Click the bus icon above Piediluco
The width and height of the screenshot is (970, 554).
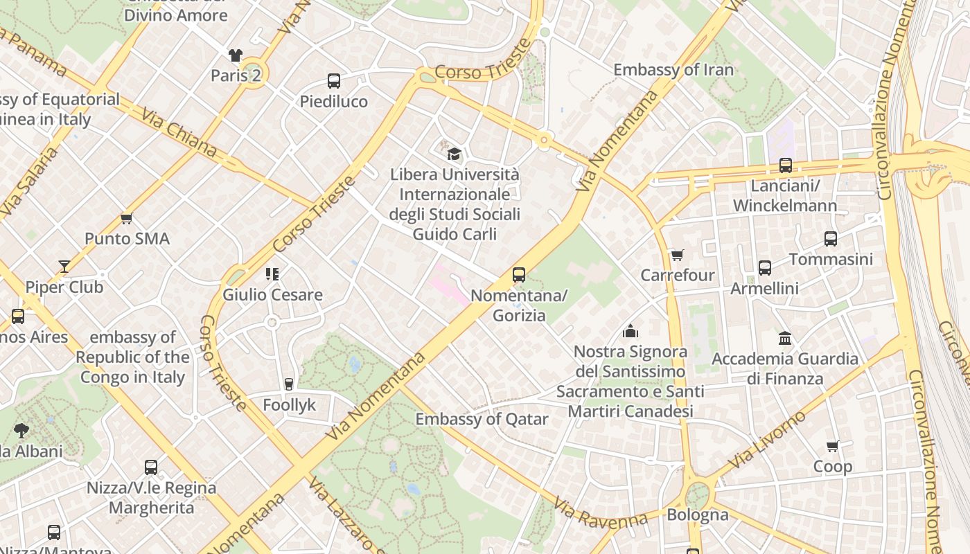point(334,81)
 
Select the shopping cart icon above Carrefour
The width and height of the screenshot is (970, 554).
point(677,255)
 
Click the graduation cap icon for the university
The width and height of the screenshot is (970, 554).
point(454,154)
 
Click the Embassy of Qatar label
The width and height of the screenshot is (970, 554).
point(482,419)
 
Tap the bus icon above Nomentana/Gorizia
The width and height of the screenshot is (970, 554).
point(518,275)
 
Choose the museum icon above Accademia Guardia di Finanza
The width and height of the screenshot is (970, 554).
point(785,338)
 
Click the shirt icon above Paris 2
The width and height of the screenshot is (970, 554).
point(236,55)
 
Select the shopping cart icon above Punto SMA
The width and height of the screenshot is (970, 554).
point(126,219)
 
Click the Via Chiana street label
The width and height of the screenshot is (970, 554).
point(179,132)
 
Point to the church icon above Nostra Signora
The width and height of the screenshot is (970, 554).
point(630,331)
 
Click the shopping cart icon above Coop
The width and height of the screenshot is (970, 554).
point(832,447)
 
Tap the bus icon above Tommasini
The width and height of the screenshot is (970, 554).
point(831,239)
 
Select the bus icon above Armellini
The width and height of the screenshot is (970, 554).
point(764,268)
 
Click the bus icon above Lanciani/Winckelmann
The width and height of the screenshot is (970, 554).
point(785,166)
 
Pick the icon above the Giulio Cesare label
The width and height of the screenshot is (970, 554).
point(272,274)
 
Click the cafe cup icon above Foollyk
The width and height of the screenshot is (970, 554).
point(289,384)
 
